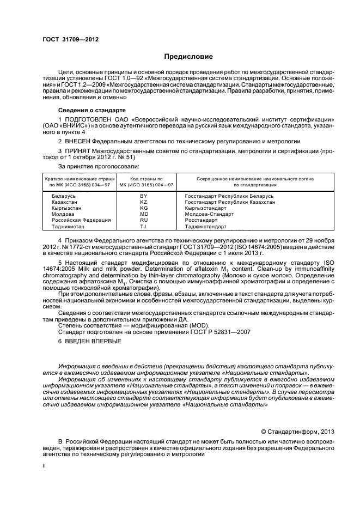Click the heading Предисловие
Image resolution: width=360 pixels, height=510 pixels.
[189, 57]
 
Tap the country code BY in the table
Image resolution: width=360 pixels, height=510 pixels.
[144, 196]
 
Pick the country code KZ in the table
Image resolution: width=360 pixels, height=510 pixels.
[144, 202]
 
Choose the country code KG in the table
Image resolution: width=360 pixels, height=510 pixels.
[144, 208]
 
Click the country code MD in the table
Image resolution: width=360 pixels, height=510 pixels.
[144, 214]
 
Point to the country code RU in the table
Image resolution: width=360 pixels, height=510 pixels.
[144, 220]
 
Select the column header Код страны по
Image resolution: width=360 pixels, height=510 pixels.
[144, 179]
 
